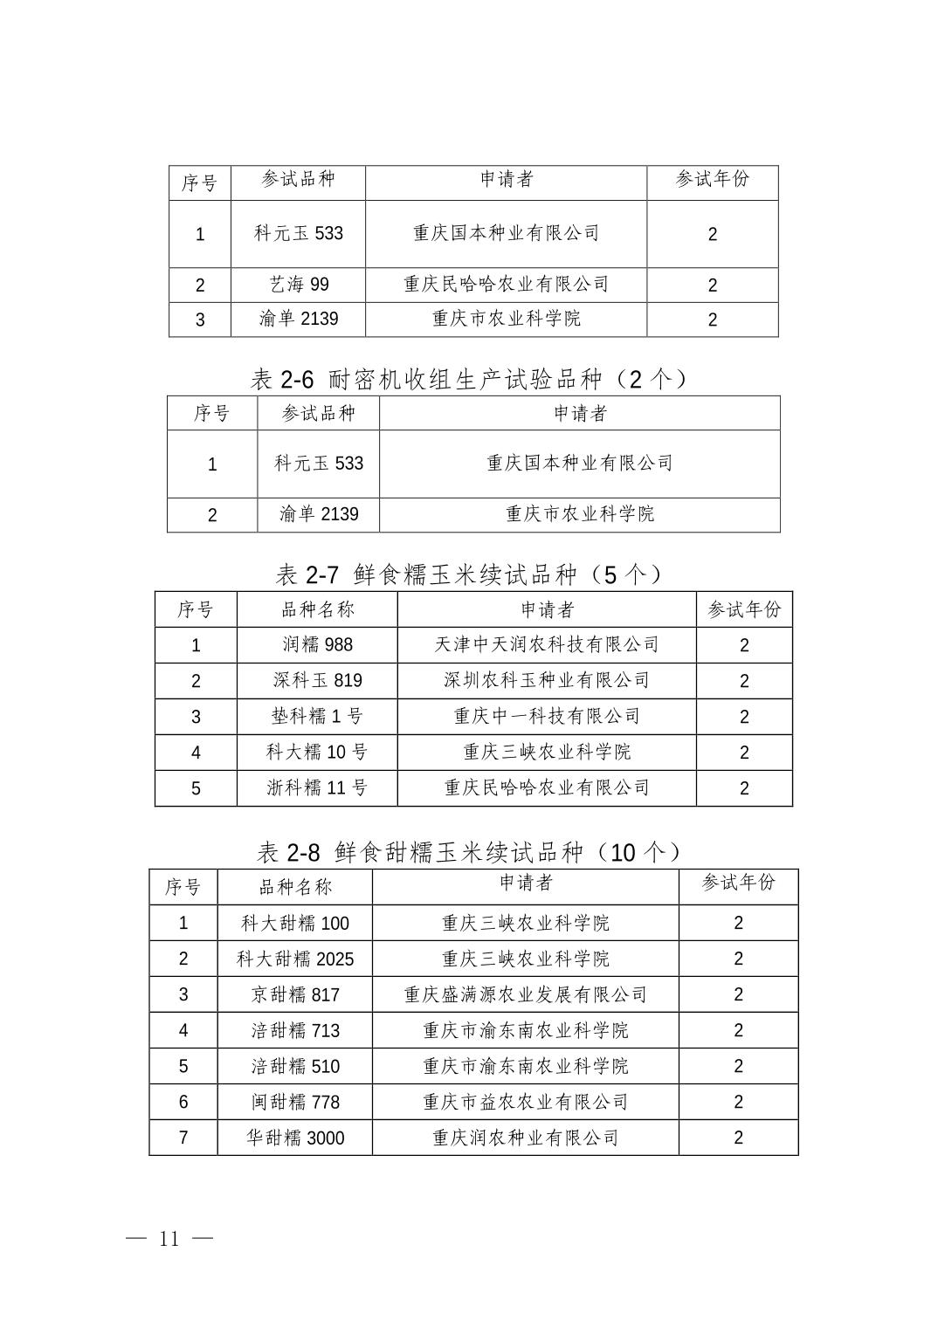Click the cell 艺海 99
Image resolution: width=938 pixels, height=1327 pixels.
299,285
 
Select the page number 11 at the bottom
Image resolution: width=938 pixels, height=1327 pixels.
169,1239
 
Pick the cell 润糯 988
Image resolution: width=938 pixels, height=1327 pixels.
317,645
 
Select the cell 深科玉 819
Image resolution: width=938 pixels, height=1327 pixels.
317,681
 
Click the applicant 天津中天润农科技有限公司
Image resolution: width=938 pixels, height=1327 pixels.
547,645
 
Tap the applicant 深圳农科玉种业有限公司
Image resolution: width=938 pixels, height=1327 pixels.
547,681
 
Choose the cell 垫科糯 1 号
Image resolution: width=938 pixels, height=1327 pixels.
317,717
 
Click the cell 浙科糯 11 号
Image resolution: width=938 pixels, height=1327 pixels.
317,788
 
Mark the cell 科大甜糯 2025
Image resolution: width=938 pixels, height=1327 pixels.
295,959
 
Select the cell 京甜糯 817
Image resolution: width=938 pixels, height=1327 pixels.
295,995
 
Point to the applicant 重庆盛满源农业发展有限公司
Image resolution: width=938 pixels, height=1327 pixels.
526,995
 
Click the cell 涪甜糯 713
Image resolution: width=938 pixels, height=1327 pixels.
295,1031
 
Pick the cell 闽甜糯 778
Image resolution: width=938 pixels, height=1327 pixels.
295,1103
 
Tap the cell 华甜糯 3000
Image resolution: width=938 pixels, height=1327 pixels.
295,1138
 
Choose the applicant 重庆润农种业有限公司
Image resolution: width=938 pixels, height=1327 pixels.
526,1138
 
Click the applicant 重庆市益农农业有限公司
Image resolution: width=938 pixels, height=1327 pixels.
526,1103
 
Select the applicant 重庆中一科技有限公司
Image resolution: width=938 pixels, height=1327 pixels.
547,717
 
